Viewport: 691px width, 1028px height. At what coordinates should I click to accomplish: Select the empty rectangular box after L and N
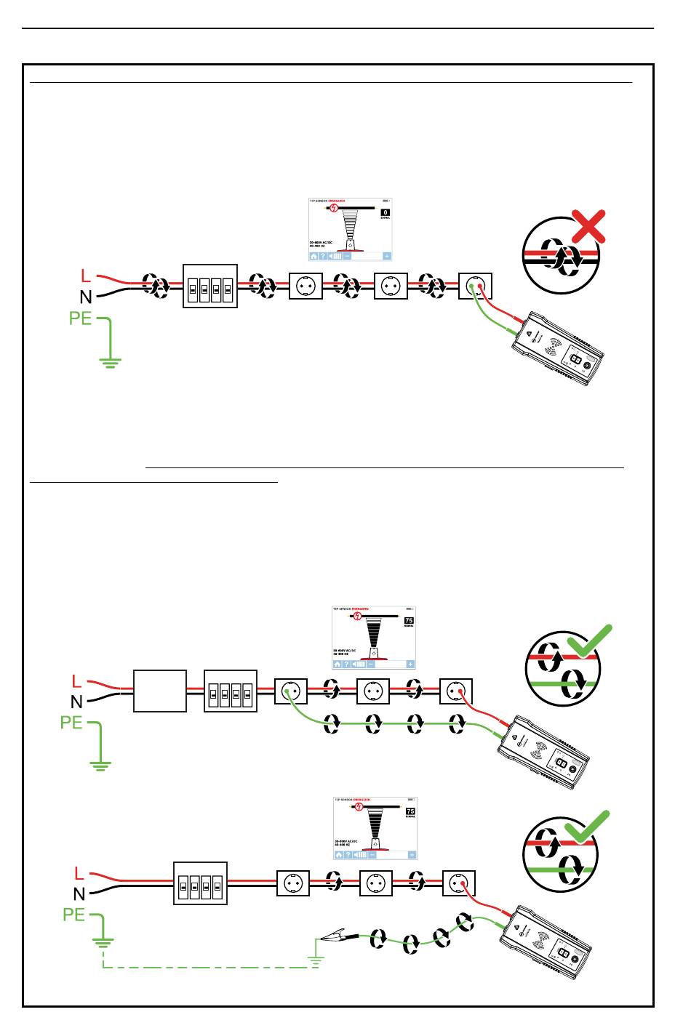[x=160, y=691]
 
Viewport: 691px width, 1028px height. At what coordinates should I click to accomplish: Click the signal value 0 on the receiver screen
[x=386, y=212]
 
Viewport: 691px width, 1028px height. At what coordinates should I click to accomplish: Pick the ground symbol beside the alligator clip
[x=315, y=955]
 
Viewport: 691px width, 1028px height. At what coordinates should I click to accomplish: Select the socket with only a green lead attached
[x=290, y=691]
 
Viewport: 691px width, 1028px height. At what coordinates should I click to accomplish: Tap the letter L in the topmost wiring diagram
[x=86, y=276]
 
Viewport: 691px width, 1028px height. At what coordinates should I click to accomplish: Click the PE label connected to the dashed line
[x=74, y=915]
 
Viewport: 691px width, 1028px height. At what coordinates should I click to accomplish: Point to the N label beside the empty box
[x=76, y=702]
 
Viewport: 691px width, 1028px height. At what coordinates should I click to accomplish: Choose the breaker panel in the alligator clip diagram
[x=201, y=884]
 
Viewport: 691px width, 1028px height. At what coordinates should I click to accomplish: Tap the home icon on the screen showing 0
[x=314, y=256]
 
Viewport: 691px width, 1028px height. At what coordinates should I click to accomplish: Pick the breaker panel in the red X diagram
[x=210, y=286]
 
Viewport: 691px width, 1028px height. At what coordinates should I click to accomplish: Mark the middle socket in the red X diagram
[x=391, y=286]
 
